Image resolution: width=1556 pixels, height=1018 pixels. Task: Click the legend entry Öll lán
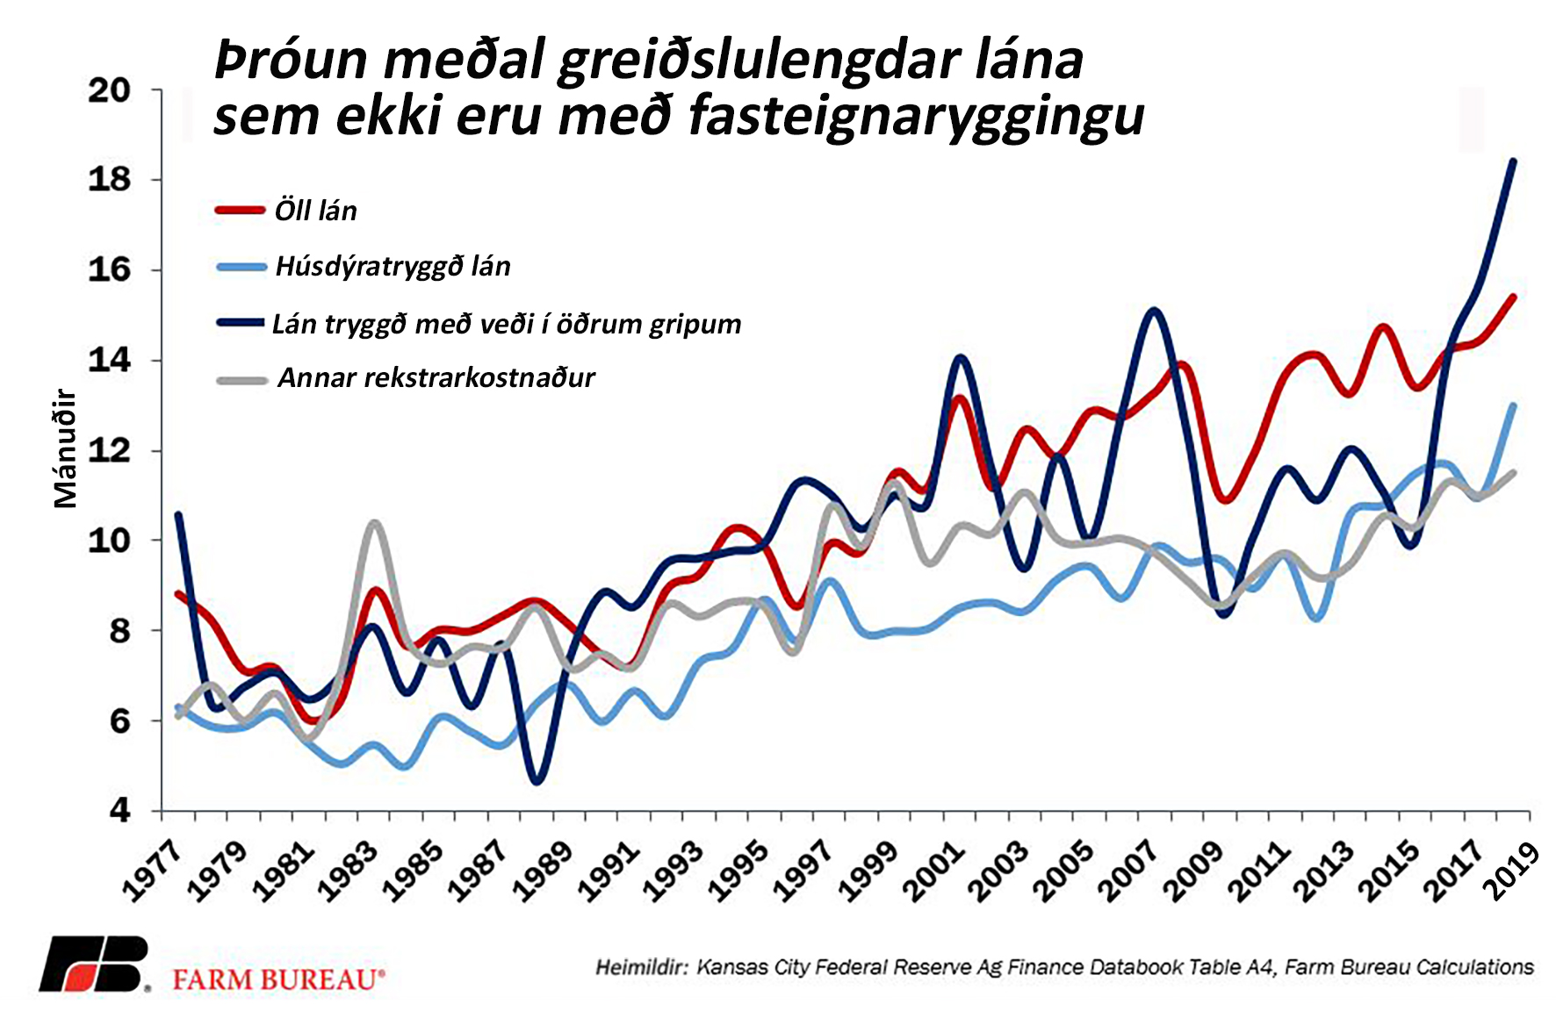315,211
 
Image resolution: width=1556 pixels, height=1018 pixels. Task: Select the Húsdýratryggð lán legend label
393,266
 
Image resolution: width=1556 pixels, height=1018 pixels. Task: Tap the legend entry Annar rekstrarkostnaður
436,378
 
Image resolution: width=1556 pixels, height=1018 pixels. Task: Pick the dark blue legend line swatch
241,323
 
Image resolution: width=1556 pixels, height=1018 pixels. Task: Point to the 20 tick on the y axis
110,90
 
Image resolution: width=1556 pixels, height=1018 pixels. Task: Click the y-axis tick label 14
110,360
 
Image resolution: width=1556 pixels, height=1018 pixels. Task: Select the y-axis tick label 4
120,810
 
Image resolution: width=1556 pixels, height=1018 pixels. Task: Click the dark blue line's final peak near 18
1513,161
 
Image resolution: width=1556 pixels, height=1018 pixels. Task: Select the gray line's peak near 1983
375,523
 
